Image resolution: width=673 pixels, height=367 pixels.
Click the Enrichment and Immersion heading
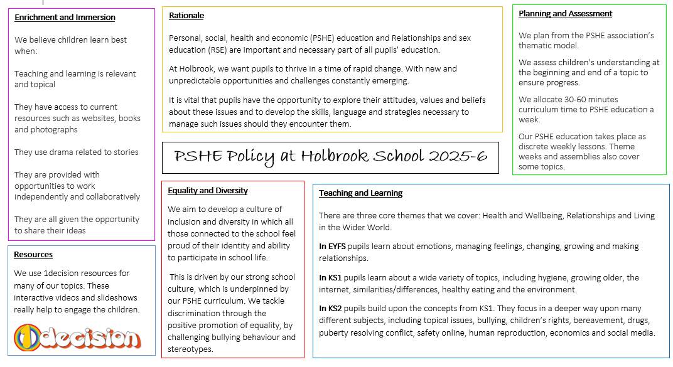(65, 17)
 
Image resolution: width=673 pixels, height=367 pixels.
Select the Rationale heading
(186, 15)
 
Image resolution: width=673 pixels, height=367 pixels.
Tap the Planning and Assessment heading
(565, 13)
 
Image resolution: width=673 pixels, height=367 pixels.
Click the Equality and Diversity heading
(208, 190)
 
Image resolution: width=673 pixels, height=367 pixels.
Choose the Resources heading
(33, 254)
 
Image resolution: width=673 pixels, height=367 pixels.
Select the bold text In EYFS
(332, 247)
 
